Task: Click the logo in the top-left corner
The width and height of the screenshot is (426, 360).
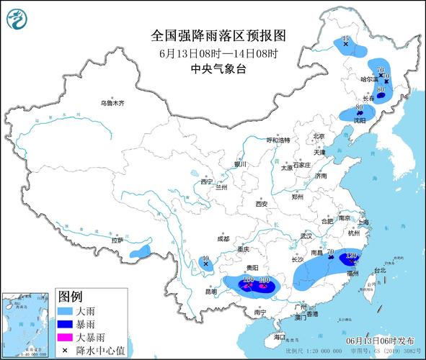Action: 16,19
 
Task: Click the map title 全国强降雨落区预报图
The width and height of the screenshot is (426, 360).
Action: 208,35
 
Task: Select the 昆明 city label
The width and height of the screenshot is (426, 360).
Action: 210,292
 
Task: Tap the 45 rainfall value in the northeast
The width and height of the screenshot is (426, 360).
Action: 345,38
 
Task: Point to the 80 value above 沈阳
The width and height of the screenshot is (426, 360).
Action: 359,107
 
